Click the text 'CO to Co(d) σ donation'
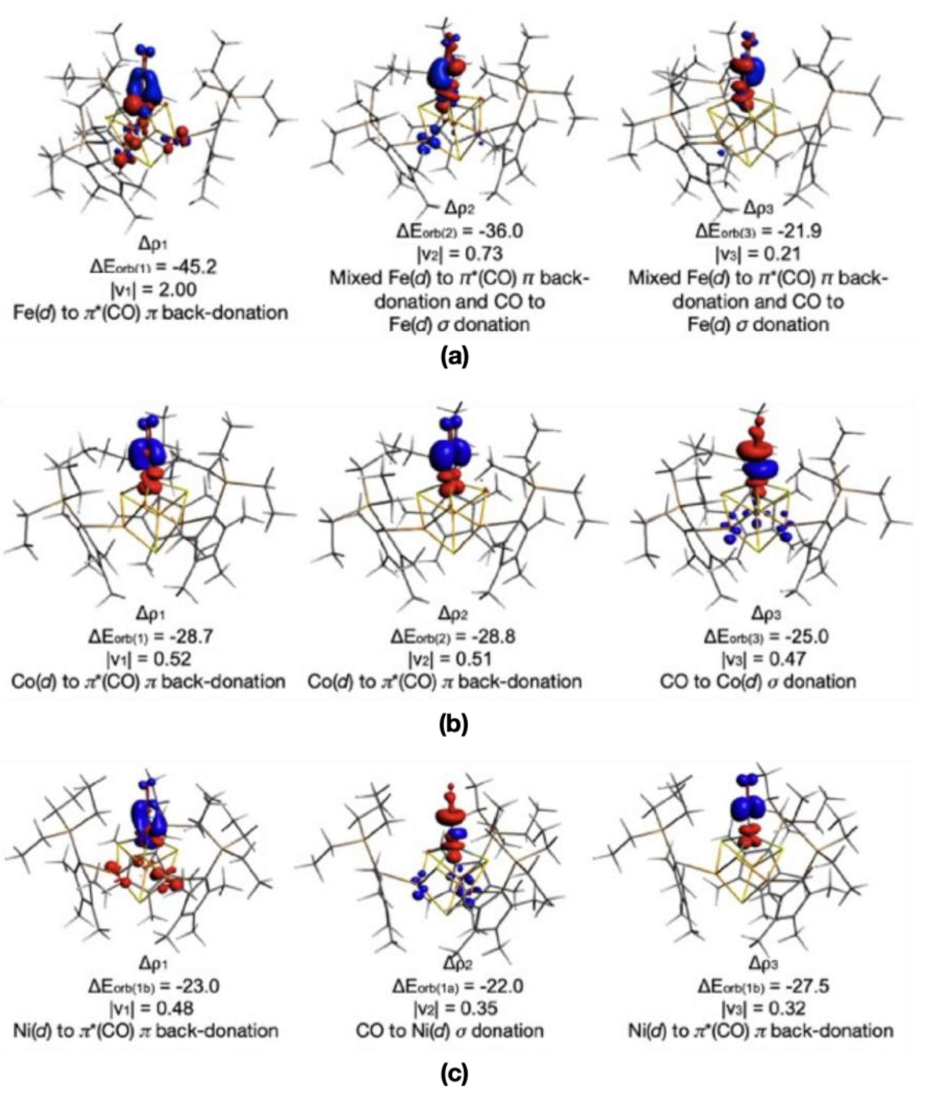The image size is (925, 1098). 758,682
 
